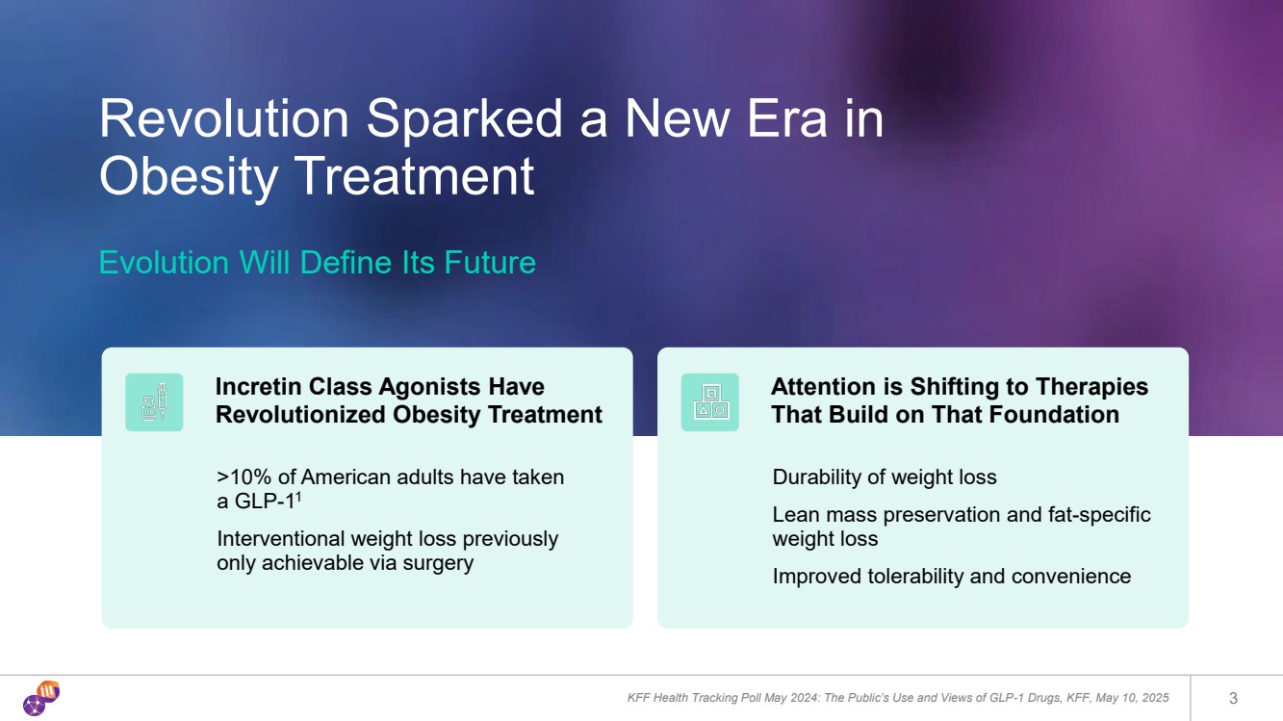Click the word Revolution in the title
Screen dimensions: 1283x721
(x=224, y=118)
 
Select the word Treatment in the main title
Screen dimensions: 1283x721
(x=415, y=176)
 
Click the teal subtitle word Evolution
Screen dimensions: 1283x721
(x=165, y=262)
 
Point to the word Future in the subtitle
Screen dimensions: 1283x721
(x=490, y=262)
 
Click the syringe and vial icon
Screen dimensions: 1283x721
(x=154, y=402)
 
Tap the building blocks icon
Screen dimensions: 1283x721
(x=709, y=402)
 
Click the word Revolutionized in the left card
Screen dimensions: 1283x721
(x=300, y=415)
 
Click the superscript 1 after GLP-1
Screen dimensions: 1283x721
(x=298, y=497)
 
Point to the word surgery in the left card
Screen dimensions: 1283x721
(x=438, y=563)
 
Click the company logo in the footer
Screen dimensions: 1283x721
(x=41, y=698)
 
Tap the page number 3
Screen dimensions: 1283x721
(x=1233, y=698)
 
